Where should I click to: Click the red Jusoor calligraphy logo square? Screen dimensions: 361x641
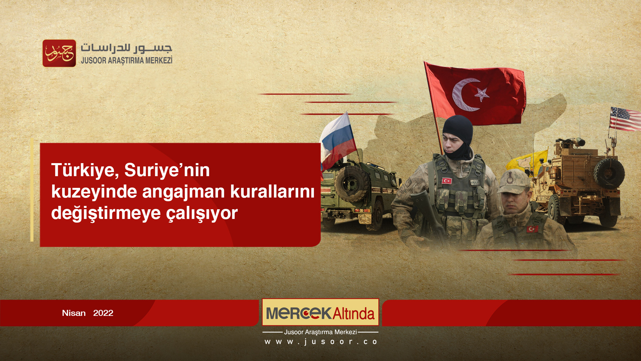(x=59, y=53)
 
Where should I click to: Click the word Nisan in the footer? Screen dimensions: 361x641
(x=74, y=313)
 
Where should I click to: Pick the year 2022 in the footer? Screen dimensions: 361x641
(x=103, y=313)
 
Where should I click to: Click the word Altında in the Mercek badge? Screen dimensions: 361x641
(x=353, y=314)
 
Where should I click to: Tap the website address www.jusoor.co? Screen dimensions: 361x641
(x=320, y=342)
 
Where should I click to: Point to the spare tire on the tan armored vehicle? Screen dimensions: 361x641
(x=609, y=173)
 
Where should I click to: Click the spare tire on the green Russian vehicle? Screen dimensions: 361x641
(x=352, y=184)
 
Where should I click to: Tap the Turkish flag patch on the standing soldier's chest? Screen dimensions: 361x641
(x=447, y=181)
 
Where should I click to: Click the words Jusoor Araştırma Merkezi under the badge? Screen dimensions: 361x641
(x=320, y=332)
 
